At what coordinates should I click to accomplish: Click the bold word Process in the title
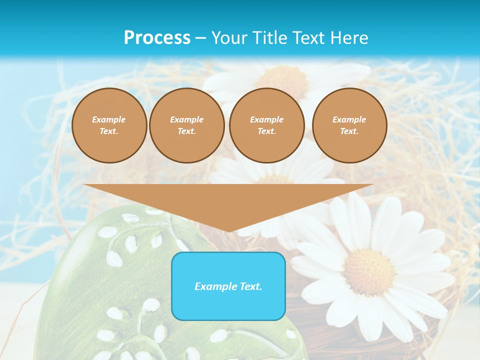[157, 38]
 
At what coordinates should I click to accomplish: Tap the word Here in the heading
[349, 38]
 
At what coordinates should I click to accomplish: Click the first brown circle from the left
[109, 125]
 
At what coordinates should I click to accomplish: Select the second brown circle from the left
[186, 125]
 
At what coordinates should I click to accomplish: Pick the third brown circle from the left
[266, 125]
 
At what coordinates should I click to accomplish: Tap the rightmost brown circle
[349, 125]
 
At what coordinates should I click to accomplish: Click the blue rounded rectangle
[228, 300]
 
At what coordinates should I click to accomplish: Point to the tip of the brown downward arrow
[229, 231]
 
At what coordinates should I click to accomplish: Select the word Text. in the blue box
[250, 286]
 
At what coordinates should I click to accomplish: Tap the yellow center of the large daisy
[369, 271]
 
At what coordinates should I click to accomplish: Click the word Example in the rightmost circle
[349, 119]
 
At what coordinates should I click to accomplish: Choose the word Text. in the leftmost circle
[109, 131]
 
